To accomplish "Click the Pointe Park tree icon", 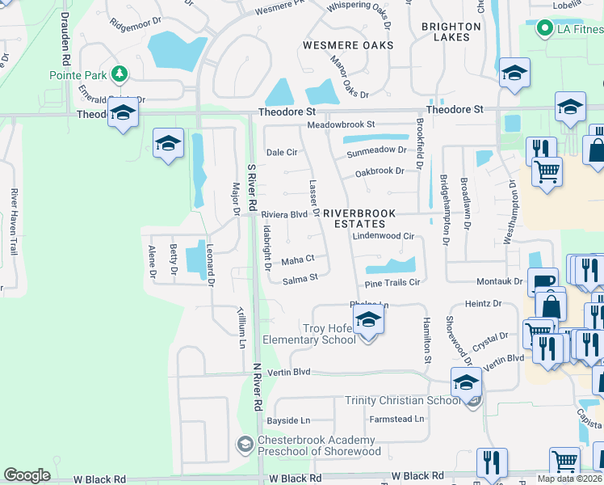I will (120, 74).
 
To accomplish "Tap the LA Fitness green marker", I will (544, 30).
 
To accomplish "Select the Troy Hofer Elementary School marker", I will (368, 321).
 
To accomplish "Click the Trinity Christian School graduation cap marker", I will (466, 384).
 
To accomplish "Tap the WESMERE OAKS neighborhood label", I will (348, 45).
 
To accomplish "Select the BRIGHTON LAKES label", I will (451, 32).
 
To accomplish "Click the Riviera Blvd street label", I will (284, 214).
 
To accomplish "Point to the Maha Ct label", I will (297, 260).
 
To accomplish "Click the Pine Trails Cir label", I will (392, 283).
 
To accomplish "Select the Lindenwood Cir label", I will (384, 236).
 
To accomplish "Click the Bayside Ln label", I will (288, 420).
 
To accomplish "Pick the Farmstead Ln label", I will (396, 419).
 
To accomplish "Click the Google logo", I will (27, 475).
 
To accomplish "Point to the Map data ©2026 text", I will (570, 479).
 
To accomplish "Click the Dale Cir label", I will (282, 152).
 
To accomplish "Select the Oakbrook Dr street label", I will (380, 171).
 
